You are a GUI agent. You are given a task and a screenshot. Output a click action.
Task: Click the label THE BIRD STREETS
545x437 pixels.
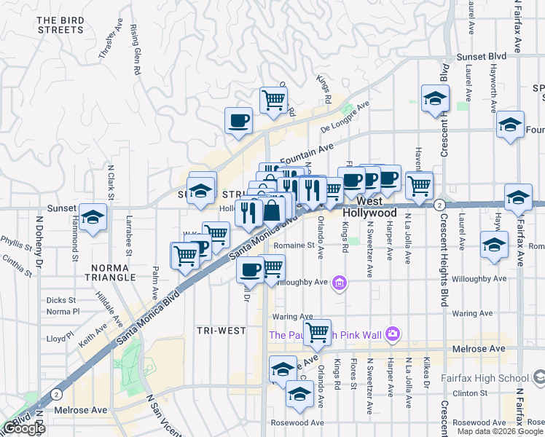click(x=60, y=25)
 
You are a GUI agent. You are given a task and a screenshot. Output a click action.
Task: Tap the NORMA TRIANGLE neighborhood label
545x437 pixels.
click(x=109, y=272)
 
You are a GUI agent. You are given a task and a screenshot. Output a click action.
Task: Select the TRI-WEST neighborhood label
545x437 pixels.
click(x=221, y=331)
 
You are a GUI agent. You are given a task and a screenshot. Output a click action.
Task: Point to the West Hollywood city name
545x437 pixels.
click(x=369, y=207)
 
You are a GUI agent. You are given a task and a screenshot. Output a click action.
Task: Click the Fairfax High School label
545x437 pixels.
click(x=485, y=378)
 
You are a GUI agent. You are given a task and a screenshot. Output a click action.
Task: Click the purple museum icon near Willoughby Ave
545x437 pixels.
click(x=339, y=283)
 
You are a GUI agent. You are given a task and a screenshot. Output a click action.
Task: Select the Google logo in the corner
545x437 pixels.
click(x=24, y=428)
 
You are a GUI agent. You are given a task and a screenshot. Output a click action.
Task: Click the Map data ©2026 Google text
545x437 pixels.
click(x=499, y=431)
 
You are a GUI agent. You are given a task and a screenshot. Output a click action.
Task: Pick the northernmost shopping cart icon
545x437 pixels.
click(x=273, y=99)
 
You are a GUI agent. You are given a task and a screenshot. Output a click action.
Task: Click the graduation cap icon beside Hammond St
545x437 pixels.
click(x=93, y=218)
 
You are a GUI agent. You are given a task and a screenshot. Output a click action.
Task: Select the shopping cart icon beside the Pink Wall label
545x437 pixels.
click(x=317, y=332)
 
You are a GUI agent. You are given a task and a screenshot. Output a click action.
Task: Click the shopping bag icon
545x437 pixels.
click(x=272, y=212)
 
